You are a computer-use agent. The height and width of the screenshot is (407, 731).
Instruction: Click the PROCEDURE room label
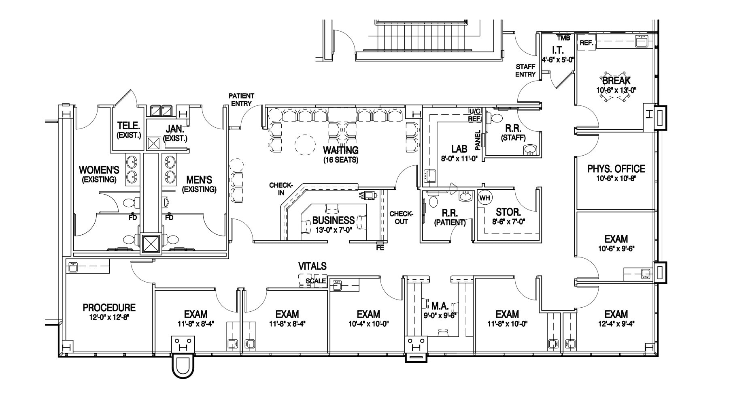coord(109,308)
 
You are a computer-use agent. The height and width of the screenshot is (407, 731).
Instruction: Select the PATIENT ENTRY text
coord(241,99)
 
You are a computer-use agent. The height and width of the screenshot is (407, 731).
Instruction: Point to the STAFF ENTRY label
coord(525,71)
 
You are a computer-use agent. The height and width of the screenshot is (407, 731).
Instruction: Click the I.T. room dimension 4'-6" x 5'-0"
coord(558,59)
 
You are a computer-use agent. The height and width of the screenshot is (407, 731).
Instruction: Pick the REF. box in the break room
coord(586,43)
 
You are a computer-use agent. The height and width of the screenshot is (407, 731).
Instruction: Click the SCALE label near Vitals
coord(316,281)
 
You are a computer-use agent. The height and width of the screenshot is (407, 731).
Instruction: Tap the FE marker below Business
coord(380,247)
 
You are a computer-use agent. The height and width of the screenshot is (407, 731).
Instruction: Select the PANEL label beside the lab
coord(478,139)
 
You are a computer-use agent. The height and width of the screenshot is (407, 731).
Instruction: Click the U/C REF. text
coord(474,115)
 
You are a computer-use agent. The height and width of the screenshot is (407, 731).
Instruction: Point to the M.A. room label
coord(440,305)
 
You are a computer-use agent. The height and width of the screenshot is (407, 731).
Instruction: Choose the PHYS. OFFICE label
coord(616,169)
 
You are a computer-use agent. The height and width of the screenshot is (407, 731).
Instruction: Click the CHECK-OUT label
coord(401,218)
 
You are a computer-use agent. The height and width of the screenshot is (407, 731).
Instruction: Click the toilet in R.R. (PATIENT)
coord(433,200)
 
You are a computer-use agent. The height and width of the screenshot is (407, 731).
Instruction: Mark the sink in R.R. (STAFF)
coord(530,150)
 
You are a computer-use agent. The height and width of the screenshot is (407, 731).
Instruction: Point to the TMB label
coord(563,38)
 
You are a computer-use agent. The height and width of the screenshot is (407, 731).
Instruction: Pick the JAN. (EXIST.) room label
coord(175,133)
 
